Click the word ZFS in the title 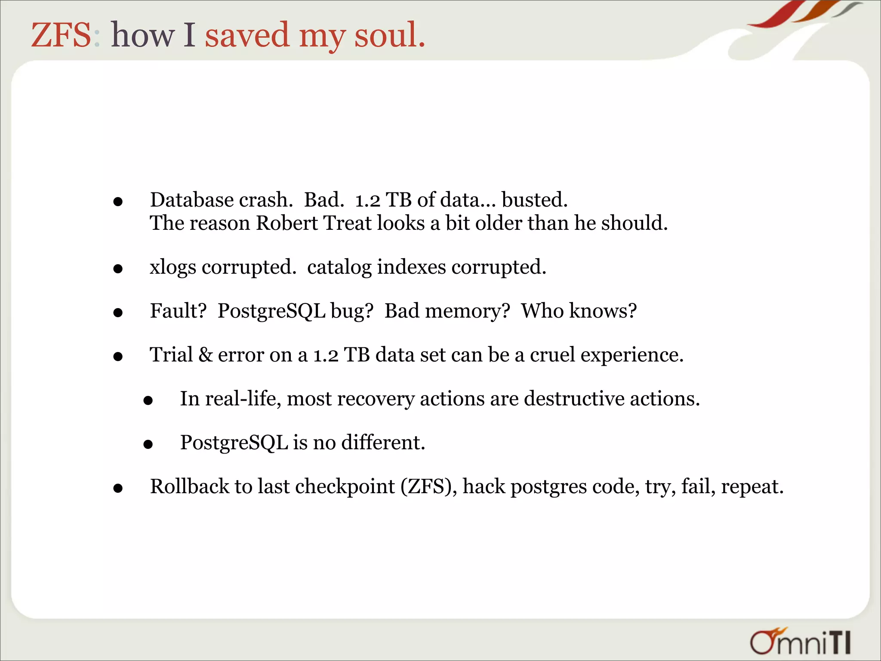tap(61, 35)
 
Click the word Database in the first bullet tap(192, 200)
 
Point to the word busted tap(534, 200)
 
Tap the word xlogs tap(173, 267)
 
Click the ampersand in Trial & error tap(206, 355)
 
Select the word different tap(383, 443)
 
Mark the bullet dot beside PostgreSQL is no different tap(148, 444)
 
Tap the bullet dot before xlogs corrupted tap(118, 269)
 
